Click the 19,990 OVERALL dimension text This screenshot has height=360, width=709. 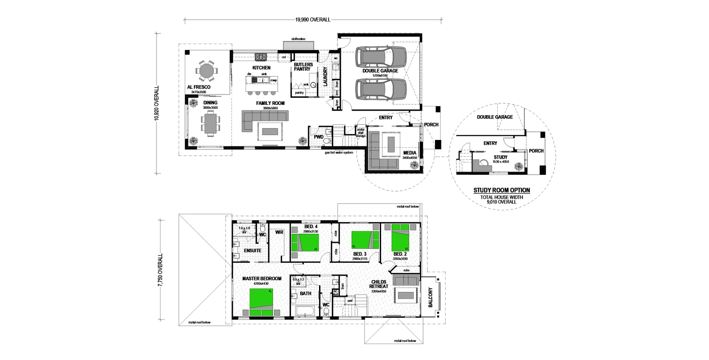(313, 20)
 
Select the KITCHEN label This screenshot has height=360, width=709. (261, 68)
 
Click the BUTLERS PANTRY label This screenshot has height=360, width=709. (303, 67)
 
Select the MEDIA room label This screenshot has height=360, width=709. (410, 153)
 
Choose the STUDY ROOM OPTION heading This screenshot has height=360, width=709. (501, 190)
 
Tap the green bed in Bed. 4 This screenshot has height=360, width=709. (305, 243)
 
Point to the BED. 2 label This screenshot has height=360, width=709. (400, 254)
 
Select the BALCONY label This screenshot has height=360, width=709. (431, 297)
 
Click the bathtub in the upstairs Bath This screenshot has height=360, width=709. (305, 311)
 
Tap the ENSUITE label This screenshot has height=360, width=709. (253, 251)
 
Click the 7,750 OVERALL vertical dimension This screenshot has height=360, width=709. (160, 270)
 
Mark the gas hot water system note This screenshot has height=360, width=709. (339, 152)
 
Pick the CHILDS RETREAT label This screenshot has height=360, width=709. (379, 284)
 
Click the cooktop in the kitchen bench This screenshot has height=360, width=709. (261, 57)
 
